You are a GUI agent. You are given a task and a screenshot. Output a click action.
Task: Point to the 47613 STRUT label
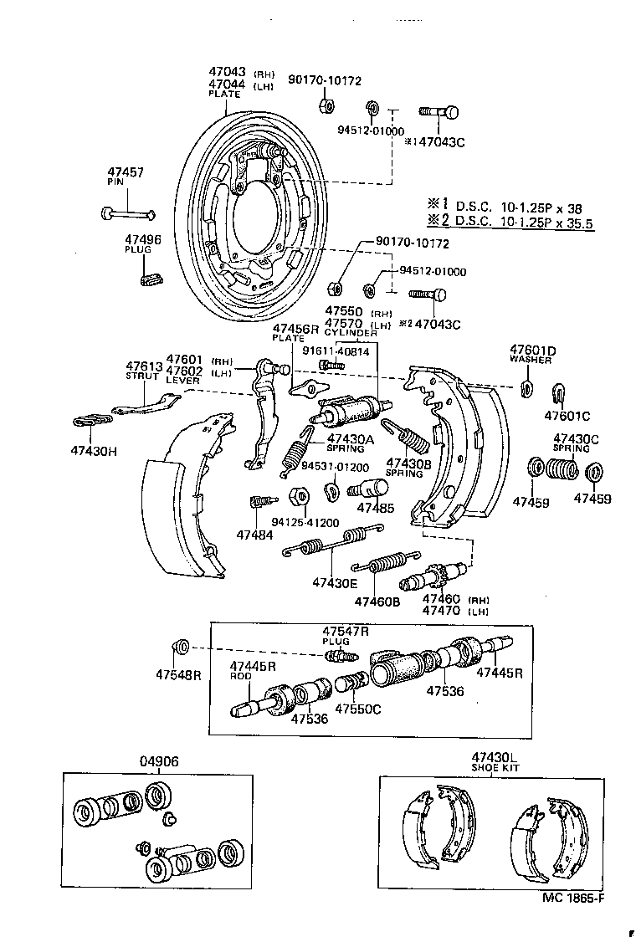[144, 366]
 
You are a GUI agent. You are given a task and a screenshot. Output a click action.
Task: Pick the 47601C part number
[567, 415]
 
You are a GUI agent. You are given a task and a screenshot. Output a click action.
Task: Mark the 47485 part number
[375, 507]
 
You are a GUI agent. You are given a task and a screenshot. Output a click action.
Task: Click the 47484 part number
[254, 534]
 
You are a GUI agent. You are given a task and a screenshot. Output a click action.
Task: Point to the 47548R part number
[178, 675]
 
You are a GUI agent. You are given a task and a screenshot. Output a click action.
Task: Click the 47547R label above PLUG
[346, 630]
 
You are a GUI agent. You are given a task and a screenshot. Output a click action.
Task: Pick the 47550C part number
[358, 709]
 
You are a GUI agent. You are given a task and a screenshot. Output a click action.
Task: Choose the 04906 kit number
[158, 761]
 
